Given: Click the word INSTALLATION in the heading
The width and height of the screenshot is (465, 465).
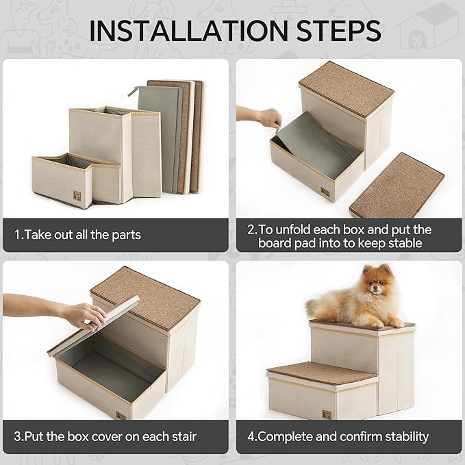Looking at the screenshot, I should click(172, 31).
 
